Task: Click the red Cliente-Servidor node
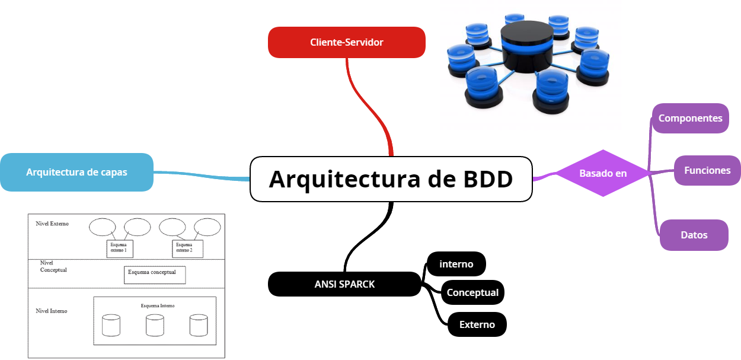(x=347, y=42)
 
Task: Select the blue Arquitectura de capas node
(x=76, y=173)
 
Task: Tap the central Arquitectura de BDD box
(x=391, y=179)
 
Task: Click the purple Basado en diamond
(x=603, y=173)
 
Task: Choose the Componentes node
(x=690, y=118)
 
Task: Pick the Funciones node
(x=707, y=170)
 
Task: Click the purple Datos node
(x=694, y=235)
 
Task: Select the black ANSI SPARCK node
(x=344, y=284)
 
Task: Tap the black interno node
(x=456, y=264)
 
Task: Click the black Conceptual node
(x=472, y=292)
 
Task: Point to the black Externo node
(x=477, y=324)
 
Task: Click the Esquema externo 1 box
(x=120, y=249)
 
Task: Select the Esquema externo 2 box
(x=187, y=249)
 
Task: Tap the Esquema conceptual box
(x=154, y=275)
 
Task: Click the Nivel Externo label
(x=52, y=224)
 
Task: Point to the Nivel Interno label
(x=52, y=311)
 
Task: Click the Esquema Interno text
(x=158, y=306)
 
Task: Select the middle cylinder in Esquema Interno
(x=155, y=326)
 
